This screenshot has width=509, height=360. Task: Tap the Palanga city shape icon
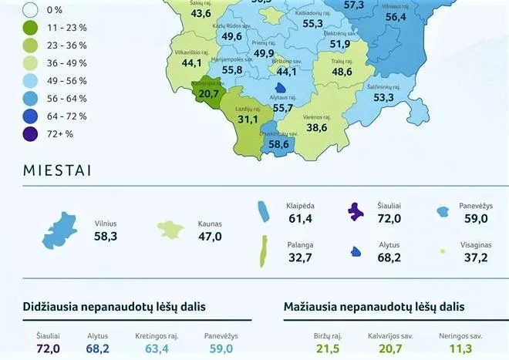tap(264, 251)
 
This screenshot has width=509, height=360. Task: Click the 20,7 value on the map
tap(208, 93)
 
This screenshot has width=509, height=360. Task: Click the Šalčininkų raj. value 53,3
tap(383, 98)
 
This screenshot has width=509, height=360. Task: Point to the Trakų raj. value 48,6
tap(342, 72)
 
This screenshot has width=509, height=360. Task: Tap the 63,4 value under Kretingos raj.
tap(157, 348)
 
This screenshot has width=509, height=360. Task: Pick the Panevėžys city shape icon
tap(443, 210)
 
